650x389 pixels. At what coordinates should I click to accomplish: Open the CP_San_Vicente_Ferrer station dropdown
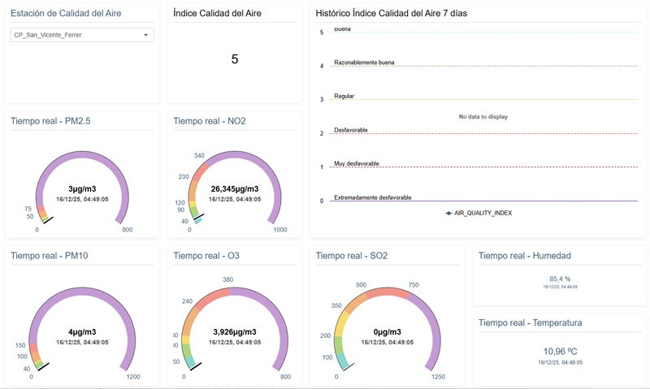(x=82, y=35)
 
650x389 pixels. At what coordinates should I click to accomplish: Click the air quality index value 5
(x=235, y=58)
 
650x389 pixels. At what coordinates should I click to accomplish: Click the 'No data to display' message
(x=483, y=117)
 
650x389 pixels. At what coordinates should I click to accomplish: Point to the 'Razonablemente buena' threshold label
(x=364, y=62)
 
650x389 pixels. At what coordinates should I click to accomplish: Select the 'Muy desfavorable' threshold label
(x=356, y=163)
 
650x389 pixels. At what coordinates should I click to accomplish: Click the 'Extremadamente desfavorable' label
(x=372, y=197)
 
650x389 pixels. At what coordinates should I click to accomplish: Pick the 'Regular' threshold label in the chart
(x=345, y=96)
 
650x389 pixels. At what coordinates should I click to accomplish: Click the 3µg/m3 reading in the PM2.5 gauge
(x=82, y=188)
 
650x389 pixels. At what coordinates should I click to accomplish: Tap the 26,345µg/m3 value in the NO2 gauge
(x=235, y=188)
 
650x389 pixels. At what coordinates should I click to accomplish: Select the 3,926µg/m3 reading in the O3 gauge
(x=235, y=332)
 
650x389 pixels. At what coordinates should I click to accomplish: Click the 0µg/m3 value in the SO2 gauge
(x=377, y=332)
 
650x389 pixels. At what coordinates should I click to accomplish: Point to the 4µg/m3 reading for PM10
(x=82, y=332)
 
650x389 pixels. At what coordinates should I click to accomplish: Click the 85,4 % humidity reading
(x=560, y=279)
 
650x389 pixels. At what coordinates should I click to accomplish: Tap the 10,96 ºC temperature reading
(x=560, y=352)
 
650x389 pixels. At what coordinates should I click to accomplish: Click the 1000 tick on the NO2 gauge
(x=279, y=230)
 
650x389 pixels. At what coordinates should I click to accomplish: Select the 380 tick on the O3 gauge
(x=227, y=279)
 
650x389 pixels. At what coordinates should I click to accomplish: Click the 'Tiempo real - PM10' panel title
(x=50, y=256)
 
